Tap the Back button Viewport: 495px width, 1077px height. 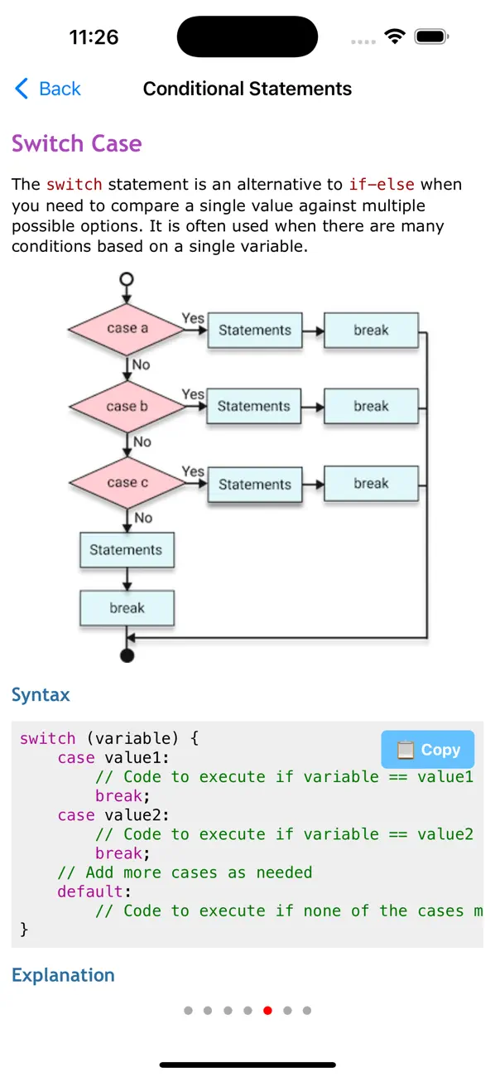tap(48, 89)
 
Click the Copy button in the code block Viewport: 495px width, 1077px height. tap(428, 749)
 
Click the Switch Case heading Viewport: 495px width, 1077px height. tap(76, 143)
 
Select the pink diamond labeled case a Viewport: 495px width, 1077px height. tap(127, 329)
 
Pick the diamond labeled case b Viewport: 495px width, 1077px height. tap(127, 406)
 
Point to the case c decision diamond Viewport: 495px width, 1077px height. tap(127, 483)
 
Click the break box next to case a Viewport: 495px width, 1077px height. tap(371, 330)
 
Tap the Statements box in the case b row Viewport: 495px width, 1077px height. tap(254, 406)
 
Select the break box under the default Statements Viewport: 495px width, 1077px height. tap(127, 608)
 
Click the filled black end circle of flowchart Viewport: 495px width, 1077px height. tap(127, 656)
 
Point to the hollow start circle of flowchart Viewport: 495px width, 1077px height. tap(127, 278)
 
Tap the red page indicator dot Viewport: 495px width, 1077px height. tap(267, 1010)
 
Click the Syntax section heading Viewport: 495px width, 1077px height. tap(41, 695)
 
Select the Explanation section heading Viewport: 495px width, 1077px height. tap(63, 975)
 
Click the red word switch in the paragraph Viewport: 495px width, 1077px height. tap(74, 184)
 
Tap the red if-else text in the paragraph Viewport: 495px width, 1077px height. tap(382, 184)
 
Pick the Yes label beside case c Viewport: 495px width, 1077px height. tap(193, 471)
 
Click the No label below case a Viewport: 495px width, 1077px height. tap(142, 365)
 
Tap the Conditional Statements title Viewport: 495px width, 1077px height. tap(247, 89)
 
